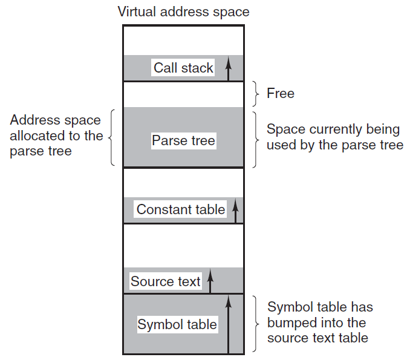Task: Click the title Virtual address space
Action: (184, 12)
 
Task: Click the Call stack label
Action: (183, 68)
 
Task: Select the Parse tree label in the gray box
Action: (184, 140)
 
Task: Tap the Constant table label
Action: (181, 209)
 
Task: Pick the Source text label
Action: (165, 281)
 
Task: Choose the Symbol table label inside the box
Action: (177, 324)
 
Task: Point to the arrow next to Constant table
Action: (235, 211)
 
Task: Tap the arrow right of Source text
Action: (210, 280)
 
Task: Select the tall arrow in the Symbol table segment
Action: (228, 324)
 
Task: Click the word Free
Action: (281, 93)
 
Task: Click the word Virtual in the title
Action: (137, 11)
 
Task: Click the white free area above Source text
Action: (183, 246)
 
